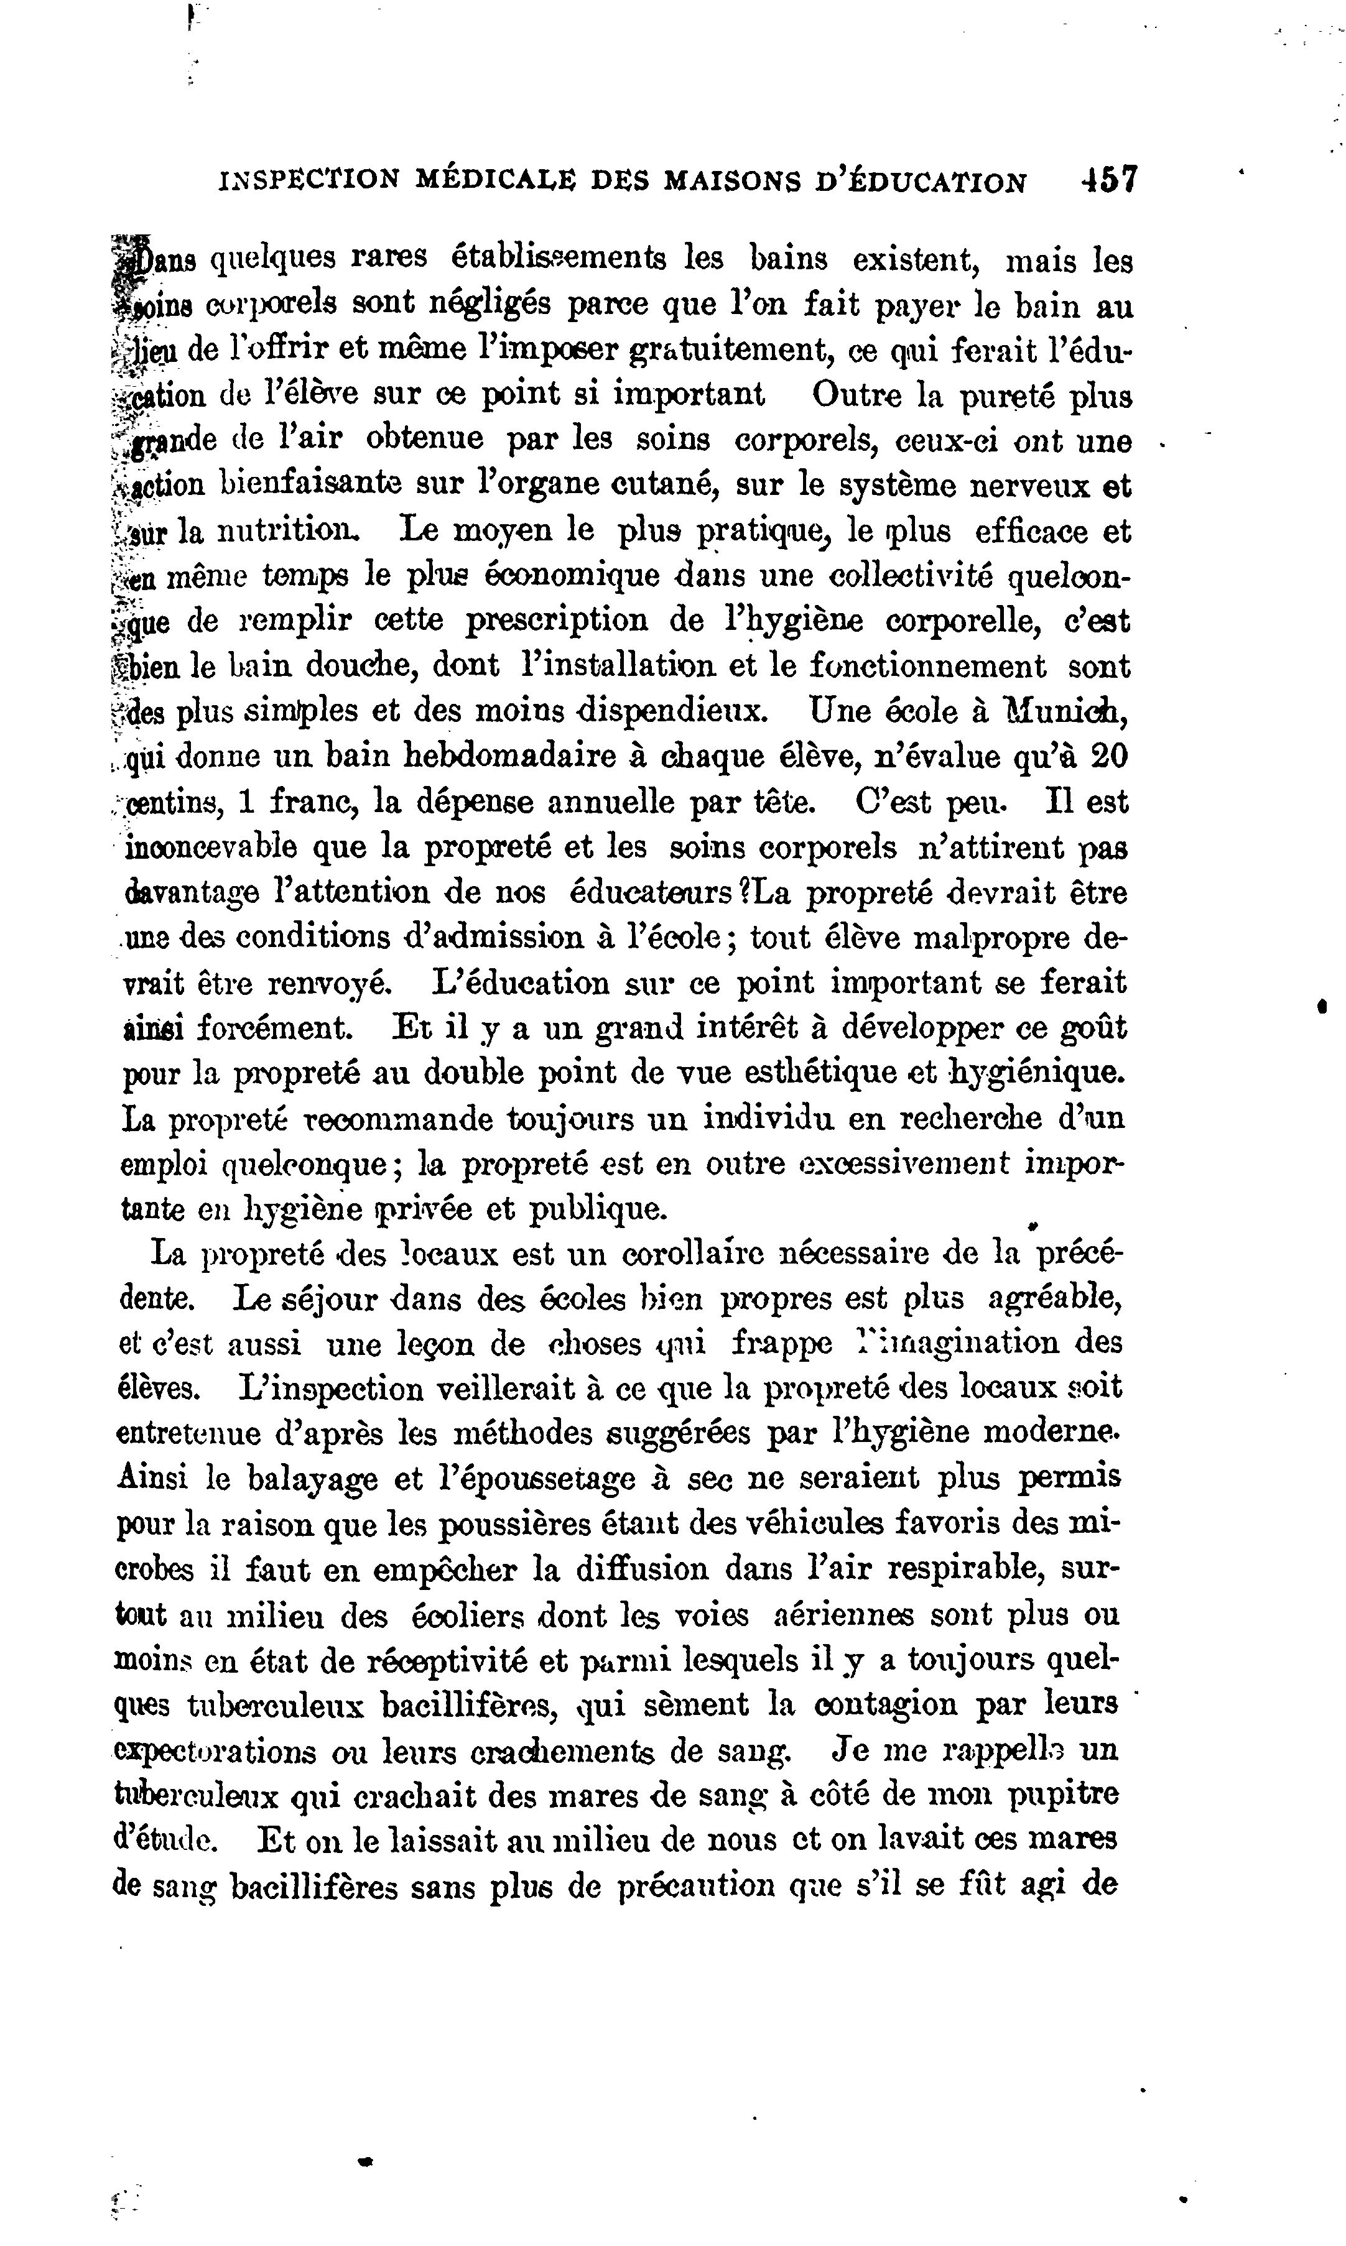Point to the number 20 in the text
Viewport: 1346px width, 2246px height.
[1109, 756]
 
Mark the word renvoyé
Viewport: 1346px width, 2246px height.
[335, 983]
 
